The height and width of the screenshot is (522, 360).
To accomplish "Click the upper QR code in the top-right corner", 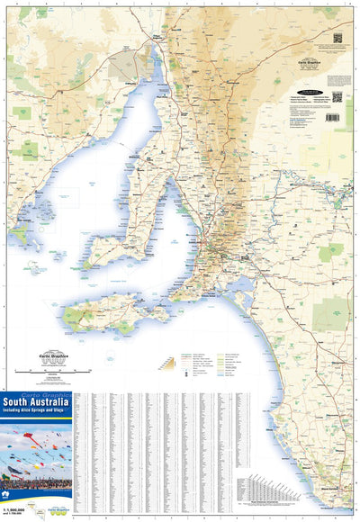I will pos(338,39).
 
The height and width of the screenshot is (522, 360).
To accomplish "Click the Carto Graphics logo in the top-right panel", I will pos(312,62).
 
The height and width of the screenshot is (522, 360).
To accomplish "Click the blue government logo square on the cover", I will pos(10,495).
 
